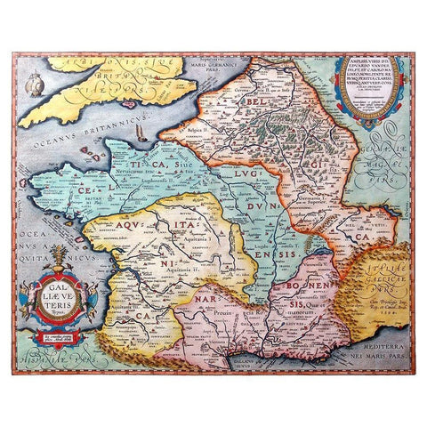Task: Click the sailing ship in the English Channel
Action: pos(142,133)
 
